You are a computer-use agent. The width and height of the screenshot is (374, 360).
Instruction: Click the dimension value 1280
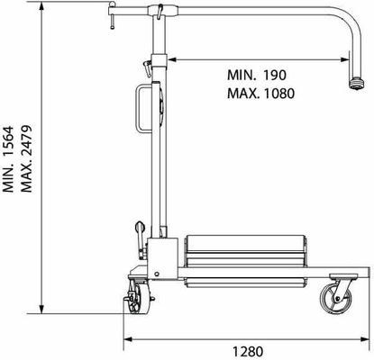pos(248,351)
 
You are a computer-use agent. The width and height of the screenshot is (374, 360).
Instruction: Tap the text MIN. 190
pos(257,75)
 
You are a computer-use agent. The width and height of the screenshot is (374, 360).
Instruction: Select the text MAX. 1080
pos(260,94)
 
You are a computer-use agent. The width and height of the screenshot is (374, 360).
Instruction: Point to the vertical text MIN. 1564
pos(8,159)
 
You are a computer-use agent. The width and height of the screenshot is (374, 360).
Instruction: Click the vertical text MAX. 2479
pos(26,158)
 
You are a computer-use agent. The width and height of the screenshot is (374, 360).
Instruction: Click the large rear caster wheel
pos(335,299)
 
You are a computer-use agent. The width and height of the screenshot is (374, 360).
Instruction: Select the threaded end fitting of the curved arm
pos(357,83)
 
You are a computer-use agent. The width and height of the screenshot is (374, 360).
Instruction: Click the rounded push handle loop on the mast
pos(138,109)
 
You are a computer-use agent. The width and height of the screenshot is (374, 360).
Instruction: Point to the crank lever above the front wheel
pos(141,239)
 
